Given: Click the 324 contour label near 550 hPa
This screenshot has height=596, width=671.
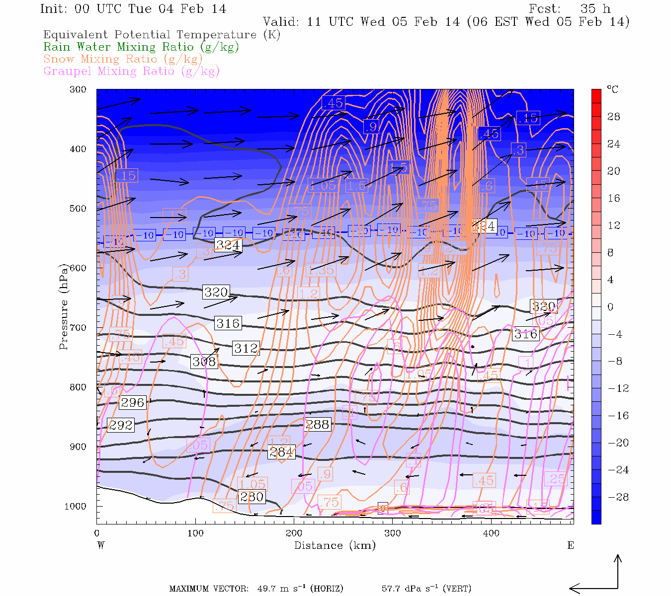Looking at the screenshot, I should tap(228, 245).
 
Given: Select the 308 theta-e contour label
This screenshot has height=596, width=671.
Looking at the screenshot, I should tap(204, 362).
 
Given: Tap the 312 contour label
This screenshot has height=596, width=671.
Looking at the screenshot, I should tap(246, 348).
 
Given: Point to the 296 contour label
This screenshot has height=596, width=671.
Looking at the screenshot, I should tap(133, 403).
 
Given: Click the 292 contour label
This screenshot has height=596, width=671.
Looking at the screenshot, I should tap(121, 425).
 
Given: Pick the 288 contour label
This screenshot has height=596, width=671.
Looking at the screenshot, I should tap(317, 424).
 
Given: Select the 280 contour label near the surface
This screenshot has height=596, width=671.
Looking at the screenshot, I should tap(252, 497).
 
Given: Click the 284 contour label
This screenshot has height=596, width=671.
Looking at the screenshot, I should tap(281, 452).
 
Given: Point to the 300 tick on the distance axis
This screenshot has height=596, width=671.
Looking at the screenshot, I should tap(392, 533).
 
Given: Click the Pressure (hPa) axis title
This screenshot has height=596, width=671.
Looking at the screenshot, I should tap(64, 306).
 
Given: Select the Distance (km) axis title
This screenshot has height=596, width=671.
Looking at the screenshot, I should tap(335, 545).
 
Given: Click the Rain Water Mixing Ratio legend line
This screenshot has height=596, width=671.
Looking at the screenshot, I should tap(141, 47).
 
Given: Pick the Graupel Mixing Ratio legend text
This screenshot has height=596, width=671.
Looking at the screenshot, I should tap(131, 71).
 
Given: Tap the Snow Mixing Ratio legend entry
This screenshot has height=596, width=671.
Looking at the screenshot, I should tap(123, 59).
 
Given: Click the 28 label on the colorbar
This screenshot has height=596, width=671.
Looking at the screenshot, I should tap(614, 117).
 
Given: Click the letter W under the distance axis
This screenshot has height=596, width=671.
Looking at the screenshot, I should tap(101, 545).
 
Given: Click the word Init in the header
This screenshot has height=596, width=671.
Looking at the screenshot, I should tap(53, 9).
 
